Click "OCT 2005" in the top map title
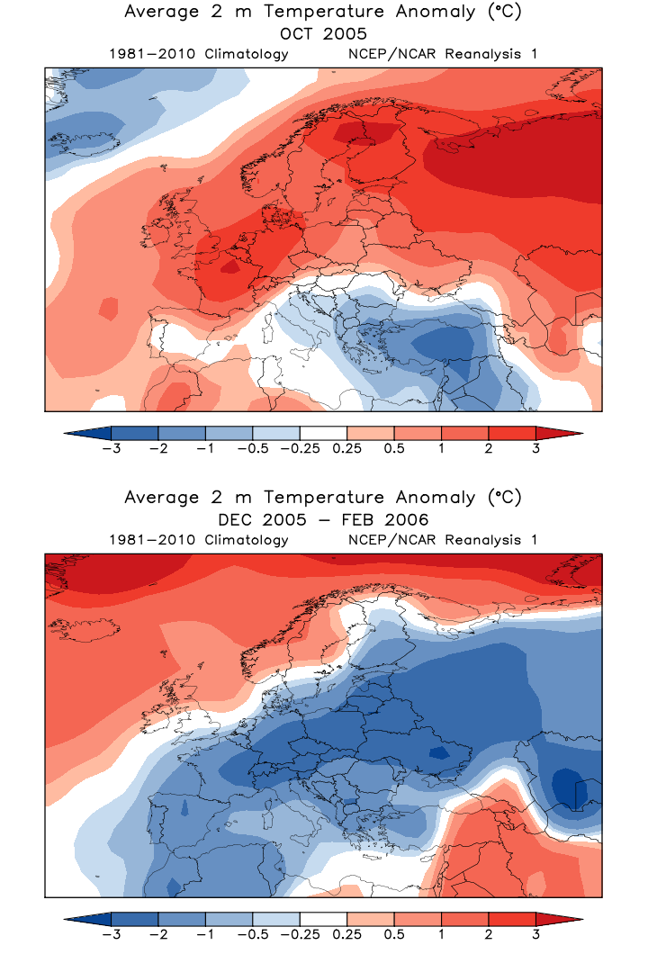tap(323, 34)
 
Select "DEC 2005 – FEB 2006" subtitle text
tap(323, 520)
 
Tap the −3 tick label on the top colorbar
tap(112, 449)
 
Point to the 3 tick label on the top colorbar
tap(535, 449)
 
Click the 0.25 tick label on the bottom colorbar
tap(346, 935)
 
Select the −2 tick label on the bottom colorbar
tap(158, 935)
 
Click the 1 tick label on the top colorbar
tap(441, 449)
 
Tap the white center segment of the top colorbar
tap(323, 433)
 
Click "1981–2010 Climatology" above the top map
tap(198, 54)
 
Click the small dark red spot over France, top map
tap(230, 266)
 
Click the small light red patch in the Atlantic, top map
tap(109, 310)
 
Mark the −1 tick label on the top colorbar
tap(205, 449)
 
